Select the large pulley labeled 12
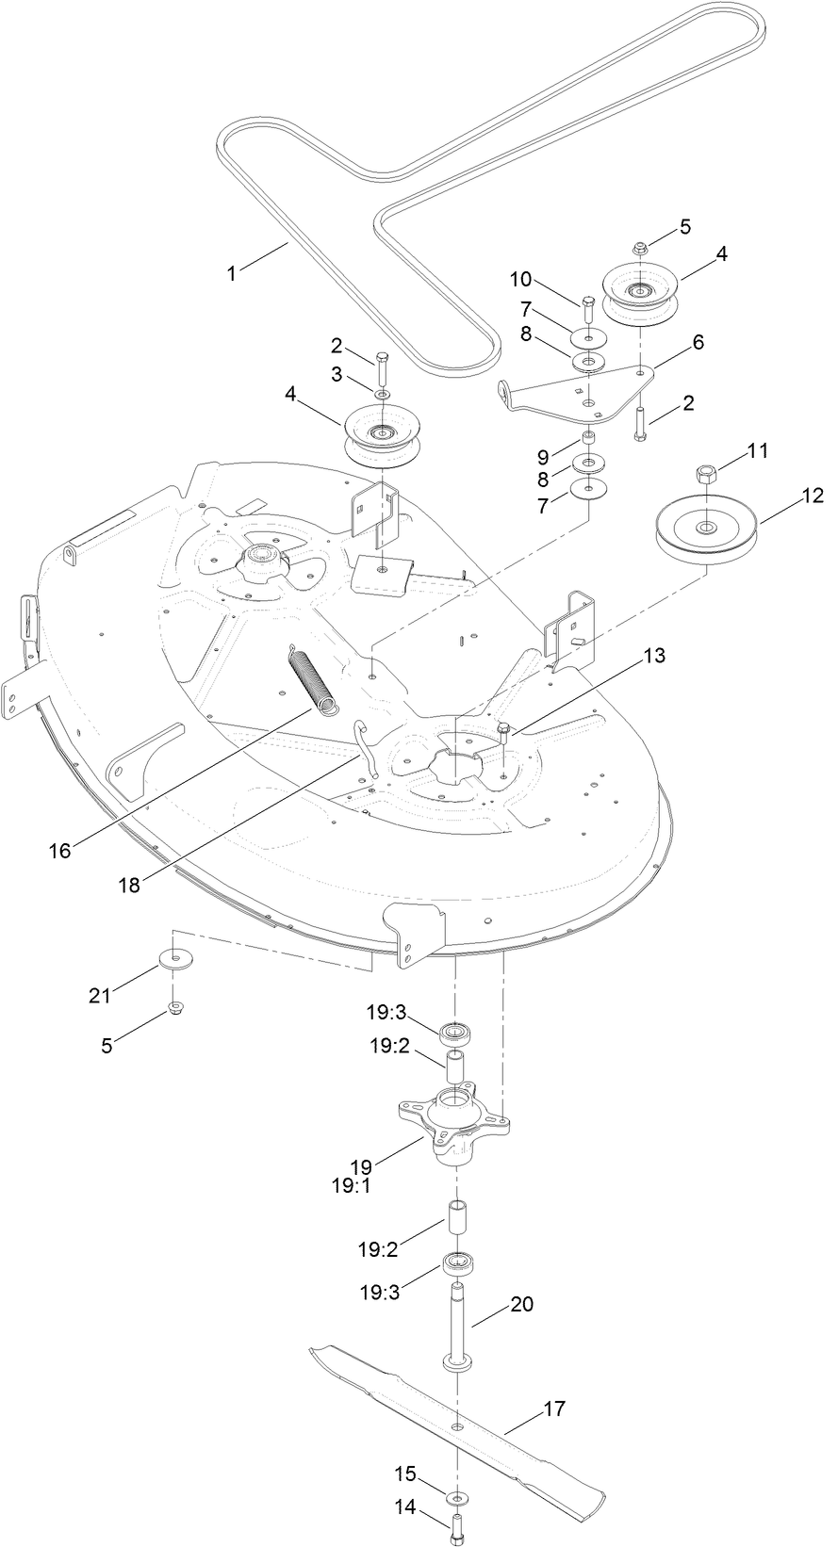pyautogui.click(x=705, y=532)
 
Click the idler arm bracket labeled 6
pyautogui.click(x=575, y=393)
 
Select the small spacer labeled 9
pyautogui.click(x=588, y=437)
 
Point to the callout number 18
pyautogui.click(x=130, y=886)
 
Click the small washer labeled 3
pyautogui.click(x=381, y=393)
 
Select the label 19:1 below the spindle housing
pyautogui.click(x=350, y=1186)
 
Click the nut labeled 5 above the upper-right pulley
pyautogui.click(x=637, y=248)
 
